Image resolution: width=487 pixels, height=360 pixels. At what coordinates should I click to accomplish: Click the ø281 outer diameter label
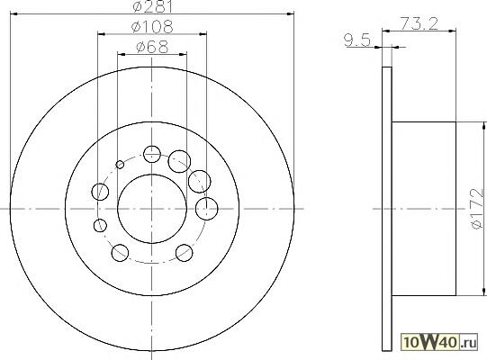(x=152, y=6)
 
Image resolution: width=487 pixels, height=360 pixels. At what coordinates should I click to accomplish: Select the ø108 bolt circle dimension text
(x=152, y=27)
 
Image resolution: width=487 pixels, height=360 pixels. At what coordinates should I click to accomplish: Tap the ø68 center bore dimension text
(x=152, y=47)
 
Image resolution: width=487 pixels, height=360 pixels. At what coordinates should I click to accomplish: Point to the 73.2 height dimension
(x=419, y=23)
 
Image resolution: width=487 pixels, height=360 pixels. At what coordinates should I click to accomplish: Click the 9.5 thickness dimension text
(x=357, y=40)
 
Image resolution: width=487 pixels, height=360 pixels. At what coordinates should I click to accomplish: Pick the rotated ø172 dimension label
(x=477, y=209)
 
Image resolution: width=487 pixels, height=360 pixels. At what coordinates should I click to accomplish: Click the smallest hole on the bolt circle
(x=120, y=165)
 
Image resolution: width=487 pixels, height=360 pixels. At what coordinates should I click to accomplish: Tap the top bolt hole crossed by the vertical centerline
(x=152, y=154)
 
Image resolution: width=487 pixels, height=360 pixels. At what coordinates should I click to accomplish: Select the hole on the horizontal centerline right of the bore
(x=206, y=209)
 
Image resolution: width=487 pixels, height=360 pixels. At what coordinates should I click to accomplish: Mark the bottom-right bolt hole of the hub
(x=185, y=253)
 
